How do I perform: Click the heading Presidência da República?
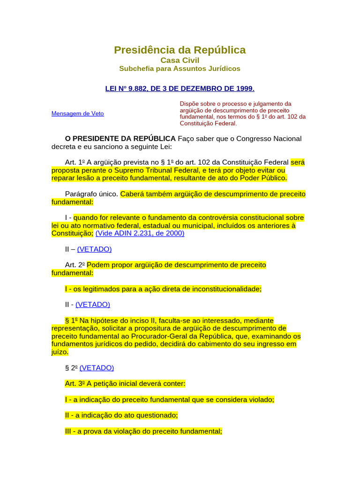[x=180, y=50]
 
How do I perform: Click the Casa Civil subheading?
[x=180, y=60]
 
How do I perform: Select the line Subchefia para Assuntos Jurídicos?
[x=180, y=68]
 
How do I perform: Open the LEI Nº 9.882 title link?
[x=180, y=88]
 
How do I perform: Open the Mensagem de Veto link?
[x=77, y=113]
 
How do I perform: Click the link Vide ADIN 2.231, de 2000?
[x=140, y=233]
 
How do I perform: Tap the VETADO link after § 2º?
[x=97, y=368]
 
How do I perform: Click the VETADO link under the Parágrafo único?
[x=94, y=249]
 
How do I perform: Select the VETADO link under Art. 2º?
[x=93, y=304]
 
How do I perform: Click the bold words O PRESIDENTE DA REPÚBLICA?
[x=120, y=138]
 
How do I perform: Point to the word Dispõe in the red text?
[x=190, y=104]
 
